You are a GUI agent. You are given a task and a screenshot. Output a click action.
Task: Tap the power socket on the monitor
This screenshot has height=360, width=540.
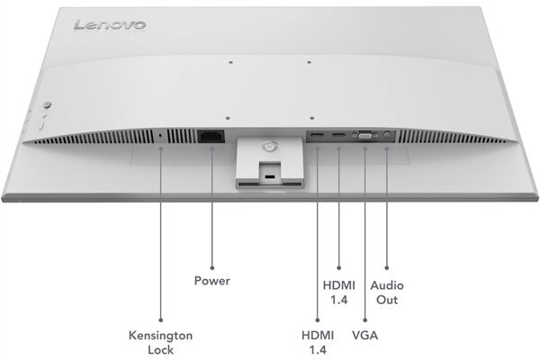click(x=211, y=137)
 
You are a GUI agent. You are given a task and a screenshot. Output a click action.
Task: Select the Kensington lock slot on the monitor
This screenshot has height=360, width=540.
click(x=161, y=136)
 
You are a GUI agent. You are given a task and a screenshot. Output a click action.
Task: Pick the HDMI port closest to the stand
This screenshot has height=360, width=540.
click(x=317, y=137)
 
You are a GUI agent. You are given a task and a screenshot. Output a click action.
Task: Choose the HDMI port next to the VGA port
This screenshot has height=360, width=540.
click(x=338, y=137)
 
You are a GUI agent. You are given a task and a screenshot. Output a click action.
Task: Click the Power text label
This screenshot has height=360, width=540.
click(x=212, y=281)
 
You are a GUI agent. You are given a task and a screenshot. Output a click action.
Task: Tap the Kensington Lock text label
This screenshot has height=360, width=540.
click(x=161, y=342)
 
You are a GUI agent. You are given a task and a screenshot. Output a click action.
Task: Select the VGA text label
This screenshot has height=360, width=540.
click(x=364, y=335)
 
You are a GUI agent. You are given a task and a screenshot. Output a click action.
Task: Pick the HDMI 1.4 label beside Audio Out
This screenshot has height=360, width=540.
click(x=338, y=292)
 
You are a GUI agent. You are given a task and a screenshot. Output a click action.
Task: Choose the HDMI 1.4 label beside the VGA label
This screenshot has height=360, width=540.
click(x=317, y=342)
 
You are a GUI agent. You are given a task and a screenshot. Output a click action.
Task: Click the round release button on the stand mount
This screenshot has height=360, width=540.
click(x=266, y=143)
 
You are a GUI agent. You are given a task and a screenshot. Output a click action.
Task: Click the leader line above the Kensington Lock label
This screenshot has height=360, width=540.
click(x=161, y=234)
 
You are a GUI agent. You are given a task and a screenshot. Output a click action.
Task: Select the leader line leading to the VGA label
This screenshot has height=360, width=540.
click(x=365, y=234)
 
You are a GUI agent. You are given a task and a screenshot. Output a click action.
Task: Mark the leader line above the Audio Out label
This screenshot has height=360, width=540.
click(x=387, y=207)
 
